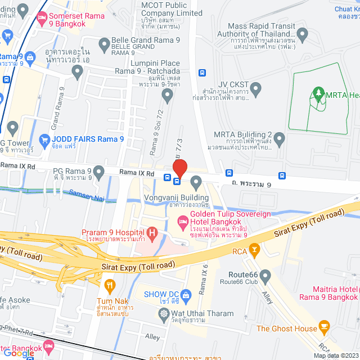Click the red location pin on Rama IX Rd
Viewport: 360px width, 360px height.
(179, 168)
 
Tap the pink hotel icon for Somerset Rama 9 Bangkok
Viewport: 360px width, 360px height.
(42, 17)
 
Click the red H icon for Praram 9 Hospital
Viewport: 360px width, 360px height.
(151, 232)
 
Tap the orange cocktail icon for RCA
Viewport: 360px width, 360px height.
(254, 248)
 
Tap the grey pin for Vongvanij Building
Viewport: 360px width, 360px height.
(196, 182)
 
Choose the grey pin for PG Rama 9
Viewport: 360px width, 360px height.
(100, 171)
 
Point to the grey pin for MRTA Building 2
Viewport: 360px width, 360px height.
(280, 138)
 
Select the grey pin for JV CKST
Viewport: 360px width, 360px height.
(256, 88)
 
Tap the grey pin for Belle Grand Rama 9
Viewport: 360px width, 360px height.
(104, 44)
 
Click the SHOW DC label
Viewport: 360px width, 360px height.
(162, 294)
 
